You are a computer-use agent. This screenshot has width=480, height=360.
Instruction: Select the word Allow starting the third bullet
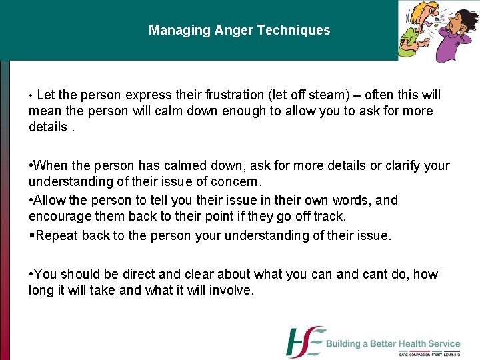pyautogui.click(x=50, y=200)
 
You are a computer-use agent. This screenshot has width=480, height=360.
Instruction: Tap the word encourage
pyautogui.click(x=57, y=216)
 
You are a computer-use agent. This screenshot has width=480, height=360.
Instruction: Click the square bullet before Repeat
pyautogui.click(x=31, y=235)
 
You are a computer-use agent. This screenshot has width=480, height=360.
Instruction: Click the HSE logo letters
pyautogui.click(x=305, y=342)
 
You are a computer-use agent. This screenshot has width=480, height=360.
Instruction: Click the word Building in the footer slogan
pyautogui.click(x=347, y=344)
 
